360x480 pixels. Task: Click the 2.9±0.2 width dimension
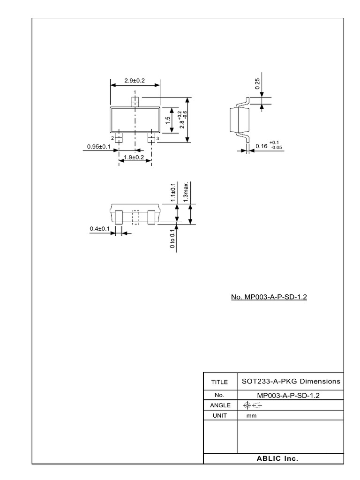pos(135,81)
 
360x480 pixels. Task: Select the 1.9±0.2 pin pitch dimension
pos(134,157)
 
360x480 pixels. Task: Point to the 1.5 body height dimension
pos(167,120)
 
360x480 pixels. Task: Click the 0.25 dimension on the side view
pos(257,84)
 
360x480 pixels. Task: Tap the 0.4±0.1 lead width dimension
pos(99,229)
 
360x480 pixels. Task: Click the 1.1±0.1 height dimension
pos(173,192)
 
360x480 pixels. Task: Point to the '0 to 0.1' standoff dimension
pos(173,238)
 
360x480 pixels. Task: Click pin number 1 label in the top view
pos(135,92)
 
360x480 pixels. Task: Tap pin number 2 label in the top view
pos(112,138)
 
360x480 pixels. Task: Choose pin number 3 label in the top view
pos(157,139)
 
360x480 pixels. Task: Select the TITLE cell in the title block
pos(219,382)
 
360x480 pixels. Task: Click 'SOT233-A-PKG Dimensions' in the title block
pos(291,381)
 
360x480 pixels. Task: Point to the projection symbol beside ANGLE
pos(252,405)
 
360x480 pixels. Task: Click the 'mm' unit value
pos(251,416)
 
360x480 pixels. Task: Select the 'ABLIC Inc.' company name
pos(277,458)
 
